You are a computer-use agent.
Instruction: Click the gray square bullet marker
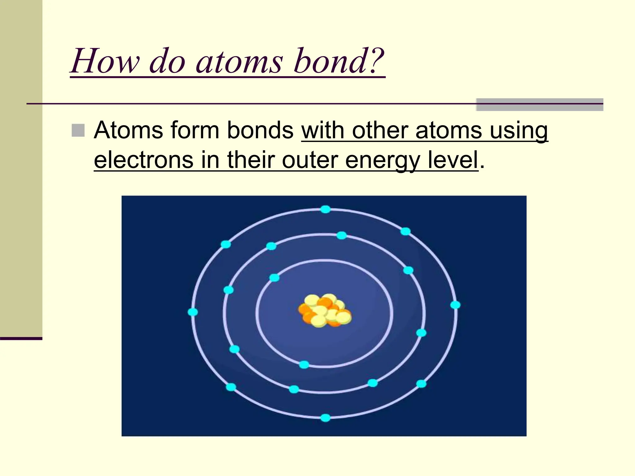point(78,130)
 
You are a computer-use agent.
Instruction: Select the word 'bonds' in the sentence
point(260,130)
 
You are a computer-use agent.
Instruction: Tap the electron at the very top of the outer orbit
point(325,209)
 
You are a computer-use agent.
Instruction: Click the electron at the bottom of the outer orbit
point(325,418)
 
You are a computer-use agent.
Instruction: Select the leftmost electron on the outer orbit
point(193,312)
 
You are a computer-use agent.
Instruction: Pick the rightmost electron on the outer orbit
point(455,305)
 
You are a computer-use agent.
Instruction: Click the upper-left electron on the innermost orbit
point(274,278)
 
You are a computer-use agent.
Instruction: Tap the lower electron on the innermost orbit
point(304,364)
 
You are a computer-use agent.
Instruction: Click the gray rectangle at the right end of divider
point(540,105)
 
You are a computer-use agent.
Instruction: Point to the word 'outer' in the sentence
point(310,160)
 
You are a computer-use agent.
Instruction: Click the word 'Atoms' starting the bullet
point(128,130)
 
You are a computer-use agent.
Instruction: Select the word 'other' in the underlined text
point(380,130)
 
